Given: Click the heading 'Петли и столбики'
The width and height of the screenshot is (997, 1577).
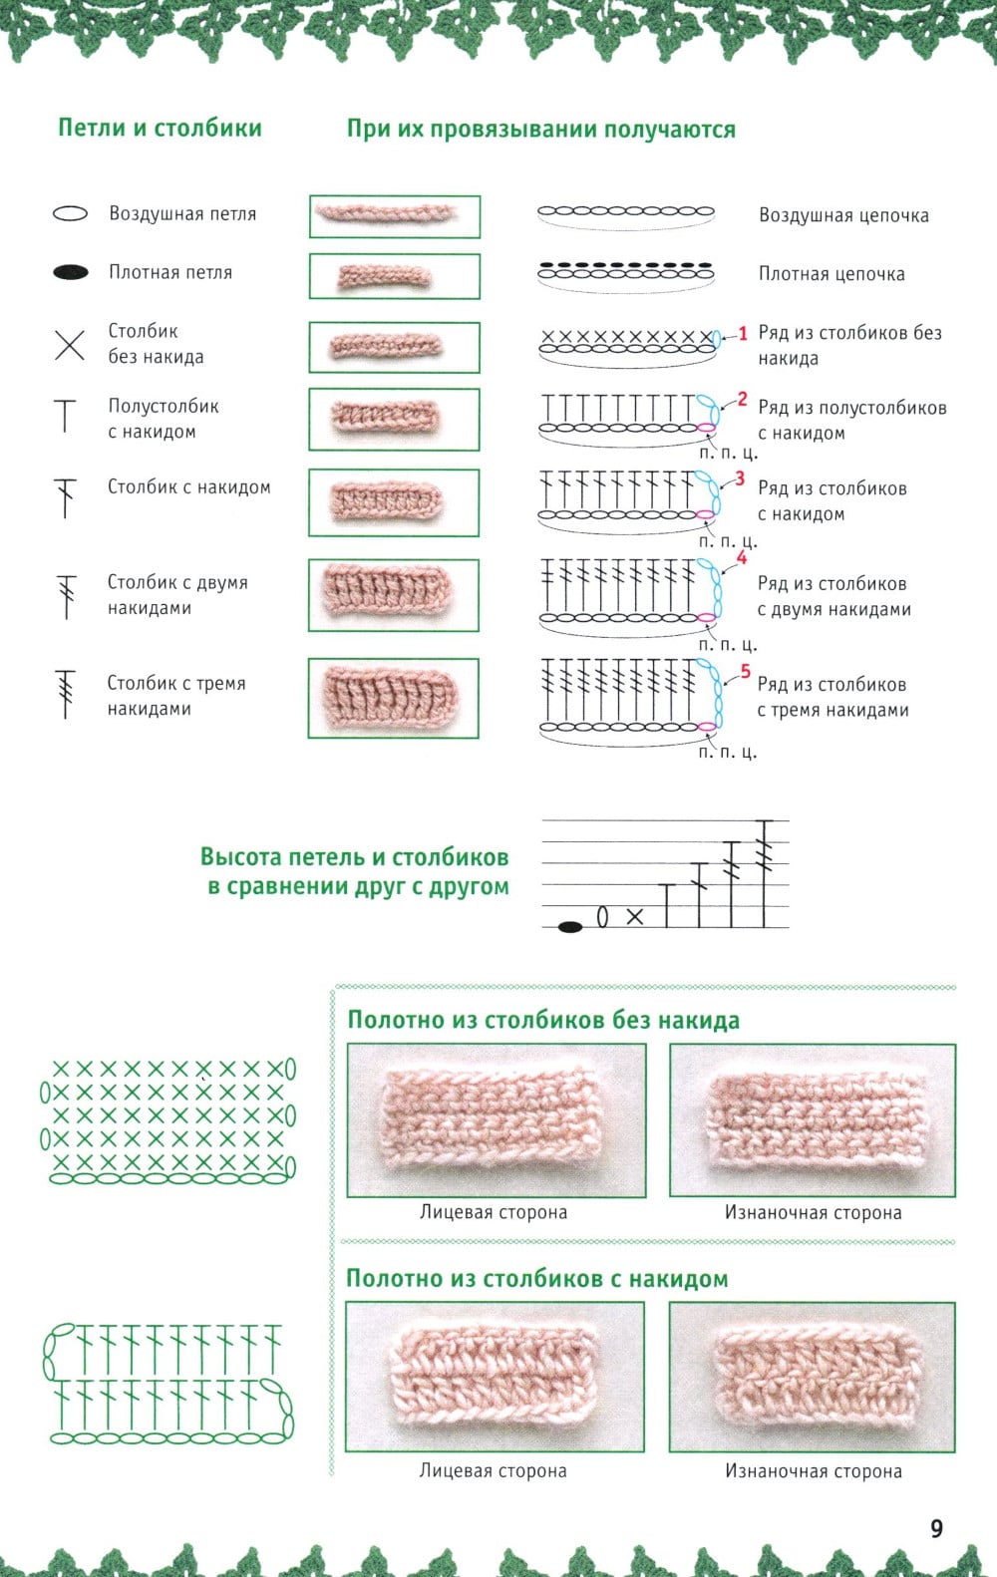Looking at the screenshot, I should (160, 128).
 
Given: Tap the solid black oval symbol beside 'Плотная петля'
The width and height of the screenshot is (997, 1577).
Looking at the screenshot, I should (70, 272).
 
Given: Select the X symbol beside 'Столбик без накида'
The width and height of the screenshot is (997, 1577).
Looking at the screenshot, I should (69, 345).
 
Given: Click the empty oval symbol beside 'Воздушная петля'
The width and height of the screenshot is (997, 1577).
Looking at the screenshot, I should (70, 213).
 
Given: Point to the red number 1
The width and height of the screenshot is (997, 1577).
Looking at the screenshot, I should (742, 334).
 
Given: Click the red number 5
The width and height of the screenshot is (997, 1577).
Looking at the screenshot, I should (745, 672).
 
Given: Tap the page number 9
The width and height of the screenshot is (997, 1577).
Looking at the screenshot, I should (936, 1528).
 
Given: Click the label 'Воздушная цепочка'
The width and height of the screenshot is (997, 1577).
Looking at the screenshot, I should (843, 215).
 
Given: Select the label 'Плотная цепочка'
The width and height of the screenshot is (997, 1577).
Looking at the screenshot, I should (831, 274).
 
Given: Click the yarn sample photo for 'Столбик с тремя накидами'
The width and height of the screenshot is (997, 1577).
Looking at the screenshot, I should (394, 698).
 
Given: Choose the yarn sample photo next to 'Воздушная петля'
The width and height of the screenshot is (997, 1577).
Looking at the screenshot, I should (394, 216).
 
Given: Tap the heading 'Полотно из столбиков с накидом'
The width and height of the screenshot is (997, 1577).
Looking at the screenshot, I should (536, 1279).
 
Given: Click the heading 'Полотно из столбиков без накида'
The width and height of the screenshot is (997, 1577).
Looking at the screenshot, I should (543, 1021).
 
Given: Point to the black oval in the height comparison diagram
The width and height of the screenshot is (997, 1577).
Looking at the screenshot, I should (570, 927).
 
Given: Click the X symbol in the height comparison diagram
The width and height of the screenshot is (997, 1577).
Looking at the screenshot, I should (635, 916).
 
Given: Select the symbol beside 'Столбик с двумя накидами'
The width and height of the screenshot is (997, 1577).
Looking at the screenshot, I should (67, 596).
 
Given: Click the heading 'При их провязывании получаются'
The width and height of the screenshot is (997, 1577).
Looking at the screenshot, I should (541, 130).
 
